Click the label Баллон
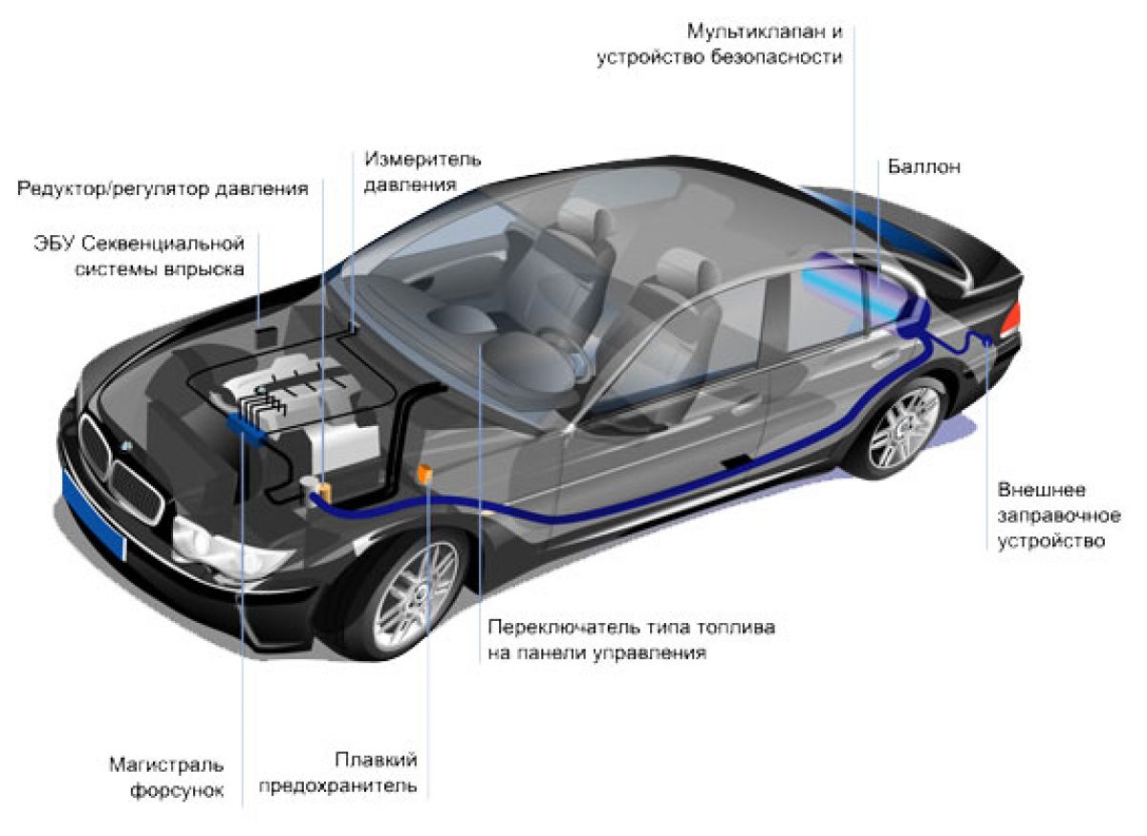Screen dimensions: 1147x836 coord(923,167)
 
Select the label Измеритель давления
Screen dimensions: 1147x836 coord(422,172)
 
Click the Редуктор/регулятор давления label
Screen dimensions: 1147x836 coord(162,189)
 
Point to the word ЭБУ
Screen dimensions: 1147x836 coord(54,244)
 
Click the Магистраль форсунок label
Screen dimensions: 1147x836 coord(167,778)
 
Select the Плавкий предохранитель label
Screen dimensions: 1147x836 coord(338,773)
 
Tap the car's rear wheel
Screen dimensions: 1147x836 coord(902,428)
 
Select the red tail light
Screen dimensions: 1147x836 coord(1012,318)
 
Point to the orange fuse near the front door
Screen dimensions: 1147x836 coord(425,474)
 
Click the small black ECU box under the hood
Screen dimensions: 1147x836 coord(266,338)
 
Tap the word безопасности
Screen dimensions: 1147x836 coord(776,57)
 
